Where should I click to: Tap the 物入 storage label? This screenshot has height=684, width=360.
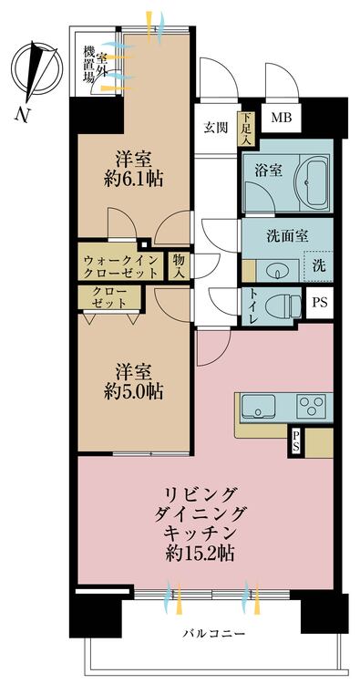pos(180,264)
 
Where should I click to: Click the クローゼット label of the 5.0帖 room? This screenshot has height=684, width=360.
pos(109,297)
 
